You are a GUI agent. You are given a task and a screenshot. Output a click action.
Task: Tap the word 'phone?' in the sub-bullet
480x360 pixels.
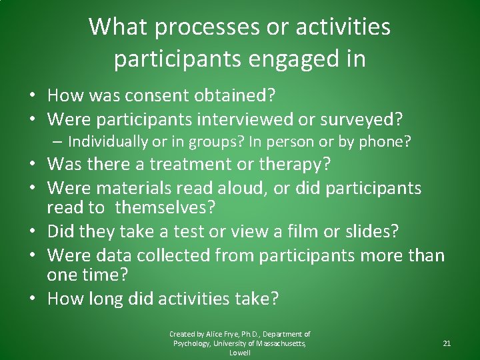(x=388, y=141)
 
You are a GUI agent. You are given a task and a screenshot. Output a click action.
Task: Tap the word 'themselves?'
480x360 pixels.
(x=165, y=207)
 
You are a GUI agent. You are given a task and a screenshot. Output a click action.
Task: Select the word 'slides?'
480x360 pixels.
(x=374, y=231)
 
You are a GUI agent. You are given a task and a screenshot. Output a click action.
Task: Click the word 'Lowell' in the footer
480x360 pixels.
(x=239, y=353)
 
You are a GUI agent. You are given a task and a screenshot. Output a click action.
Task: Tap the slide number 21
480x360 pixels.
(x=446, y=343)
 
